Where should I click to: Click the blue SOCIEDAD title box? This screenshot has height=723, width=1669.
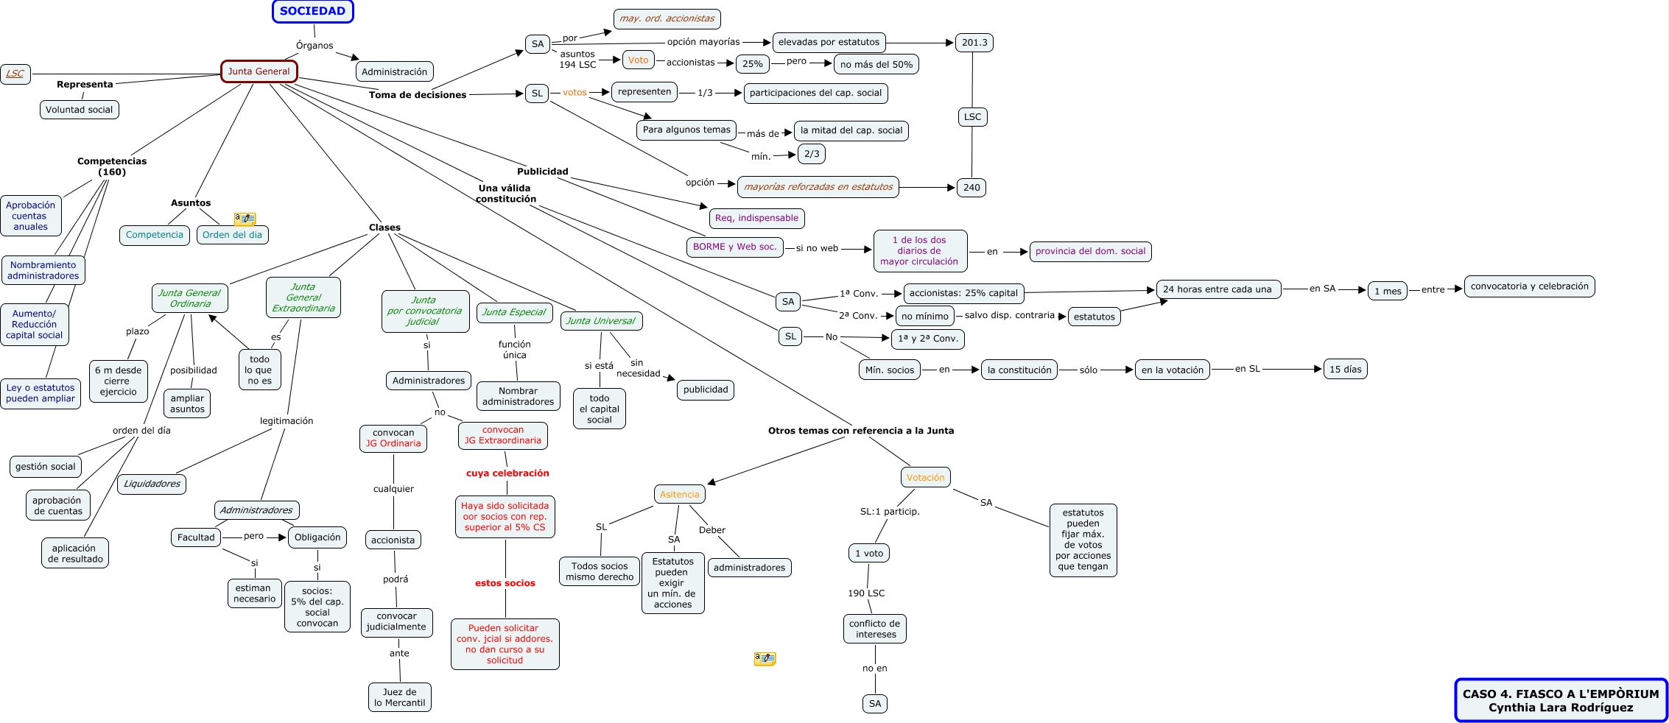[312, 11]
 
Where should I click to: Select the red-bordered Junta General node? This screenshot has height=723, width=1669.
[259, 71]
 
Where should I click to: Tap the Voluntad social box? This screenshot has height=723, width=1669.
[79, 110]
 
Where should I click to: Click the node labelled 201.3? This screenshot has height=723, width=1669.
[974, 43]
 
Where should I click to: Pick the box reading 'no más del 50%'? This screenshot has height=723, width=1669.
[876, 65]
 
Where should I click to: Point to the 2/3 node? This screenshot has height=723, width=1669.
[812, 154]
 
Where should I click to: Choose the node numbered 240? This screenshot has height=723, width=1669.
[971, 188]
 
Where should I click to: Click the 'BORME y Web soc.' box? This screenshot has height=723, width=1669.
[734, 247]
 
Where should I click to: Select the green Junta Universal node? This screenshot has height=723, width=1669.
[600, 321]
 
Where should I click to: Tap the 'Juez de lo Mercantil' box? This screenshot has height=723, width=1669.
[399, 697]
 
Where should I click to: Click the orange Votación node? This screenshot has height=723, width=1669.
[925, 478]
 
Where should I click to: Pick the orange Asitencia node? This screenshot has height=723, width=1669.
[679, 495]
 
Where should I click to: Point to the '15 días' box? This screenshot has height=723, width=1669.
[1345, 370]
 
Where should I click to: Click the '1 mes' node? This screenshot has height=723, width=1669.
[1388, 291]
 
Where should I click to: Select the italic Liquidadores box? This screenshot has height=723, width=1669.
[152, 484]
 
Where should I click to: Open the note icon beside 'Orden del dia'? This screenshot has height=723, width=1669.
[245, 219]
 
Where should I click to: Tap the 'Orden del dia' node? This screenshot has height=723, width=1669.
[232, 235]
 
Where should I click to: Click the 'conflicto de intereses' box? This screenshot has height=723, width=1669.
[874, 629]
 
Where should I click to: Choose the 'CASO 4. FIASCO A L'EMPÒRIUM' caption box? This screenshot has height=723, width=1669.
[1560, 700]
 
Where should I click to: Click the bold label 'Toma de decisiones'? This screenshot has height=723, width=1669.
[418, 95]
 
